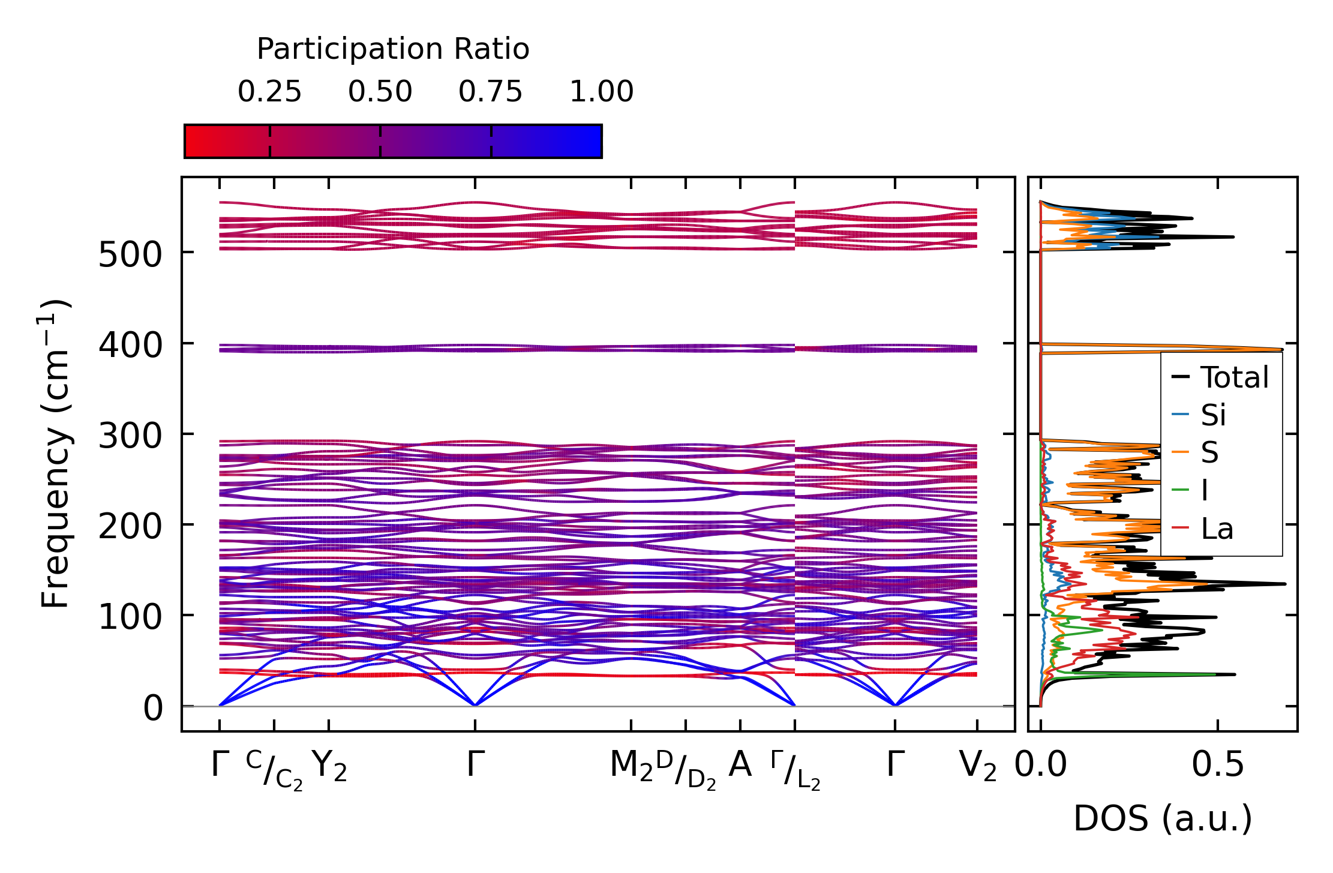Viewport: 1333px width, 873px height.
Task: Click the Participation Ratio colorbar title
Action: [x=393, y=49]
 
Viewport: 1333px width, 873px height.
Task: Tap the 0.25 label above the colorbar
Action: [x=269, y=92]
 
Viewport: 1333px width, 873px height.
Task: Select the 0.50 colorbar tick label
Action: [x=380, y=92]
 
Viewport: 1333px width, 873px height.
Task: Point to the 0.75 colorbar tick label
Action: [x=491, y=92]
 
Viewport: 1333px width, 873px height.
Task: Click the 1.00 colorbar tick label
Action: [x=601, y=92]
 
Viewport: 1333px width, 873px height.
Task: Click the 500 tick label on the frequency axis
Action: [x=130, y=254]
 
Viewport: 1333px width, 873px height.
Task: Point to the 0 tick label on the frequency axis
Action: [x=153, y=708]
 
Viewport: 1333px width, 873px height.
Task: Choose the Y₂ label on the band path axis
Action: [x=329, y=766]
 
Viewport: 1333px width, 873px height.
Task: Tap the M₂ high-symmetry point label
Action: [x=631, y=766]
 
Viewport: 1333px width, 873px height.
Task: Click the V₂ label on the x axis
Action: [x=977, y=766]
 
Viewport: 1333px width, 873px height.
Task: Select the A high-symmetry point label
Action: [x=740, y=765]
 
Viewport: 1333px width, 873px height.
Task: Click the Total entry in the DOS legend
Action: [x=1234, y=377]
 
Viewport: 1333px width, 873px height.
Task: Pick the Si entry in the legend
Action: [x=1213, y=415]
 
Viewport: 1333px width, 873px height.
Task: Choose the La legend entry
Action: [x=1217, y=529]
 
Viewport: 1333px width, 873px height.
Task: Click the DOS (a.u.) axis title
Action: [x=1163, y=818]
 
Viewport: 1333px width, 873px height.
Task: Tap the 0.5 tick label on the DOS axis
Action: [x=1218, y=765]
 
